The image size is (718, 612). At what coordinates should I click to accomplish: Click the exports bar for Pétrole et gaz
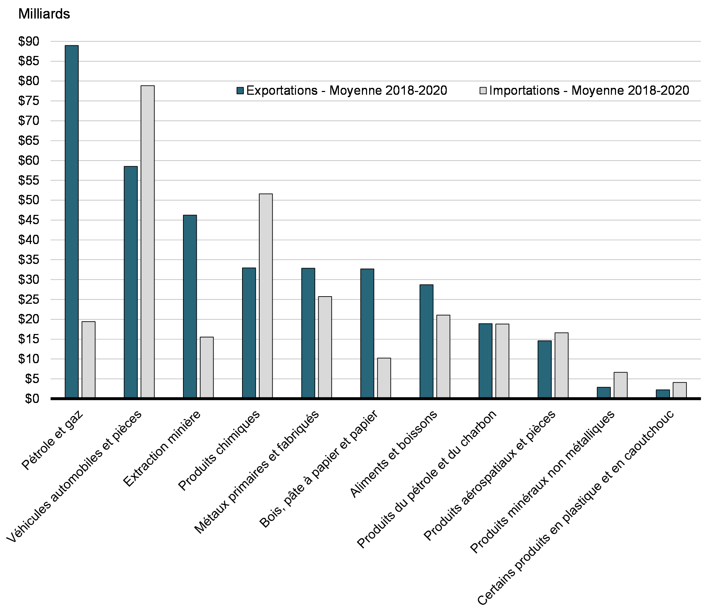click(72, 222)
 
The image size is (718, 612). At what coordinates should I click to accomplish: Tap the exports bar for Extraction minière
click(190, 307)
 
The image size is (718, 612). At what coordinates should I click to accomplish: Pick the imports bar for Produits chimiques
click(266, 296)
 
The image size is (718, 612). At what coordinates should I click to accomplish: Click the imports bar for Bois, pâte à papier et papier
click(384, 378)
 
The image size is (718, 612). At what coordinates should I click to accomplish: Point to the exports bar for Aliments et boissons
click(426, 341)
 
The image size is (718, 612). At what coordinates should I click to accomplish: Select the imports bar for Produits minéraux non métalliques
click(620, 385)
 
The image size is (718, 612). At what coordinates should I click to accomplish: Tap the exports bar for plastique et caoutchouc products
click(663, 394)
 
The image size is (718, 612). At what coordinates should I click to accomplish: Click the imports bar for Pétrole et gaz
click(88, 360)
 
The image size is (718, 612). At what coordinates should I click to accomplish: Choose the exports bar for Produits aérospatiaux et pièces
click(544, 369)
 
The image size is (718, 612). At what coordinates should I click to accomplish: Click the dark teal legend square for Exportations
click(240, 91)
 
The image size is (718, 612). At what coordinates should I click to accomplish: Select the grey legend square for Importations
click(483, 91)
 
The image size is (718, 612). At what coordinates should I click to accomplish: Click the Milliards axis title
click(44, 14)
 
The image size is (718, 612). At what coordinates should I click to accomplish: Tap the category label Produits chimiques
click(219, 451)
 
